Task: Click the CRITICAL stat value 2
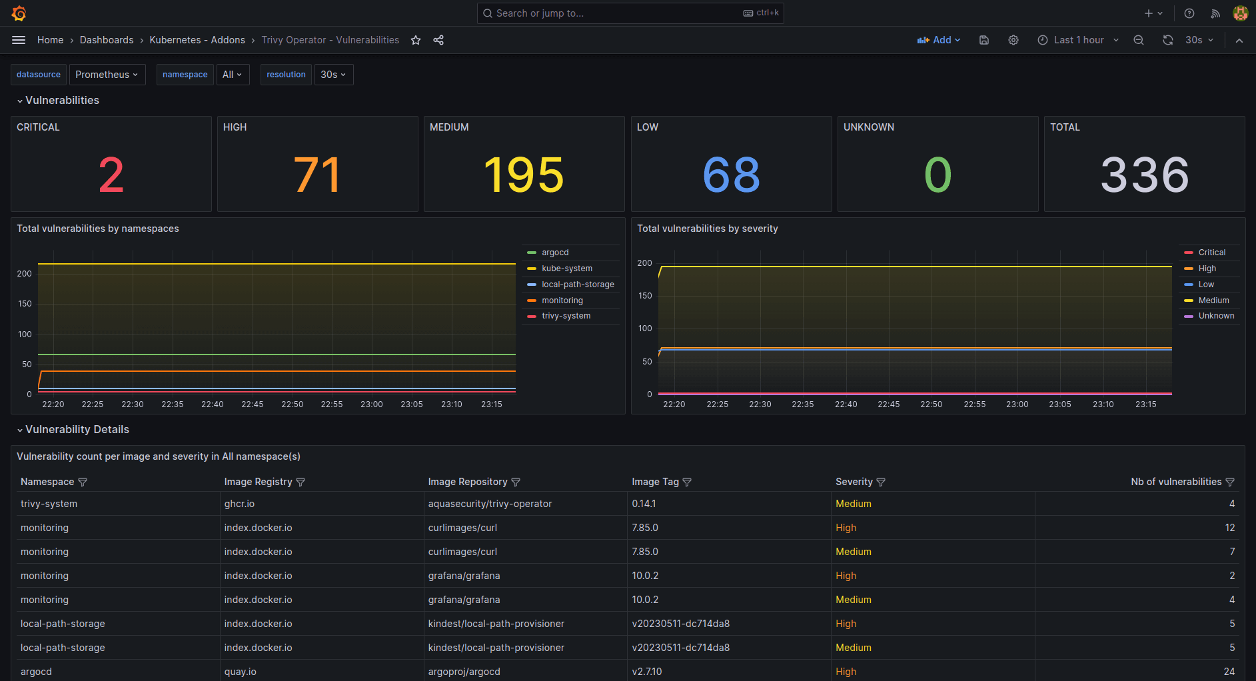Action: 111,175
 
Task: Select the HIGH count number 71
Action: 317,175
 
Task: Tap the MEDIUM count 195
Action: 524,175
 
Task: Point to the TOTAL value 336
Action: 1144,175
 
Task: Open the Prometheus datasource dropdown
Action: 106,75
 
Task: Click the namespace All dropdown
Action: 233,75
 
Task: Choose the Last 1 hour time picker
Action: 1078,40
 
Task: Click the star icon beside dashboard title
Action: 416,40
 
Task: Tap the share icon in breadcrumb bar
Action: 438,40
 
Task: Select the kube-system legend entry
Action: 566,269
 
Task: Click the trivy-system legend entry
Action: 566,316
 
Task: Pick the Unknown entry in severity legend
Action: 1216,316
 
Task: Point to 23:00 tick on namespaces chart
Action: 372,404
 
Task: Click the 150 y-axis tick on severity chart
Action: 645,296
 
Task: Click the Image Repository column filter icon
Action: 516,482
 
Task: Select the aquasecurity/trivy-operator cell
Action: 490,504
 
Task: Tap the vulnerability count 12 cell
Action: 1229,528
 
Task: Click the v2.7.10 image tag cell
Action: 647,672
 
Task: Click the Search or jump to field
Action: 620,13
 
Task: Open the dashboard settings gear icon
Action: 1013,40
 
